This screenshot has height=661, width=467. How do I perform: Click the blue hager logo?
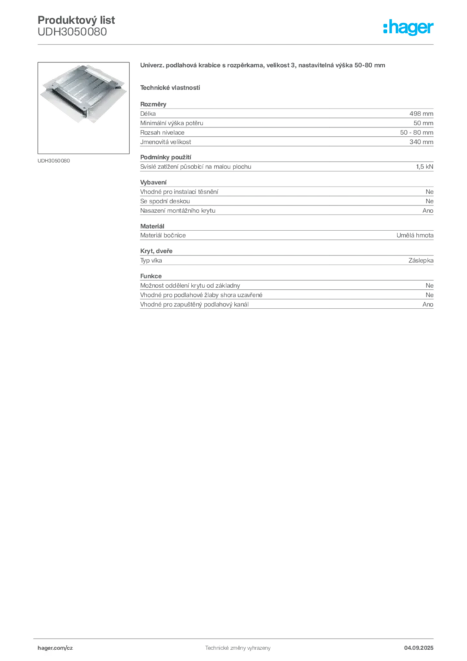pos(409,28)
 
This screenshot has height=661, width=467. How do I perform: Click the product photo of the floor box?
pos(81,94)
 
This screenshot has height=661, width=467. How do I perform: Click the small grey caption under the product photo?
pos(54,160)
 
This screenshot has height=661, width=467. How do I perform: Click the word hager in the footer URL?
pos(47,647)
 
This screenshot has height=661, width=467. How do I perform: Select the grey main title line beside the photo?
pos(263,66)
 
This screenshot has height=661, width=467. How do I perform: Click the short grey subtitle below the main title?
pos(171,86)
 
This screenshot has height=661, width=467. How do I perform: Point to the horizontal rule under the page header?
pos(237,44)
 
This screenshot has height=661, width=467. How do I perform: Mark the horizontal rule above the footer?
pos(237,636)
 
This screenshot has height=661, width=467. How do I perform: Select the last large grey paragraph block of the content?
pos(286,294)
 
